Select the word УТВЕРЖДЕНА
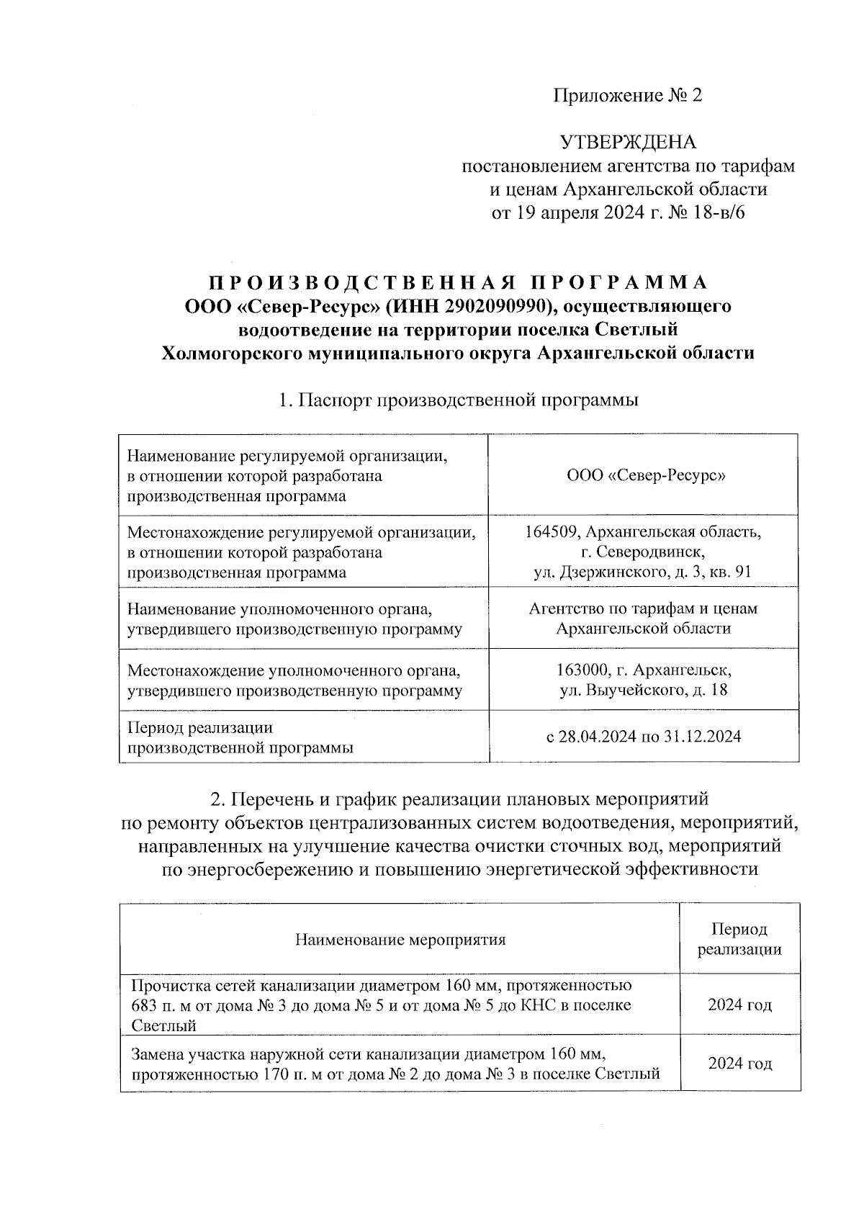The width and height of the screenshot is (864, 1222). (628, 142)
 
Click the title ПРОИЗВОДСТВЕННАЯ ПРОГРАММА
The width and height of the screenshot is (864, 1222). (459, 282)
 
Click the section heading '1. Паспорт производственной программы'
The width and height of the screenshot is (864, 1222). (459, 400)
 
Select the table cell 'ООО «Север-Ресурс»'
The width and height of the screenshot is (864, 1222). (642, 476)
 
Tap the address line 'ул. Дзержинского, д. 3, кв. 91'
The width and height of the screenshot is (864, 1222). (642, 572)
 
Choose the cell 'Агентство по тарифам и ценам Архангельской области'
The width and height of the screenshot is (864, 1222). (642, 618)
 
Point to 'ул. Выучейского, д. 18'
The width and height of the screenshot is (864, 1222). (642, 691)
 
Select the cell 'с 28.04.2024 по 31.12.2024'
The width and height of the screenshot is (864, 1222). (642, 737)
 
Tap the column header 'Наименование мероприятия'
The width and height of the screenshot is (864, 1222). (400, 940)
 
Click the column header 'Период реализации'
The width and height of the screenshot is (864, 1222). (739, 940)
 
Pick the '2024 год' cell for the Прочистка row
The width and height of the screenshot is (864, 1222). (739, 1005)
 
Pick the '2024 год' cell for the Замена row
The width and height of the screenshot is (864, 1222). (739, 1064)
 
